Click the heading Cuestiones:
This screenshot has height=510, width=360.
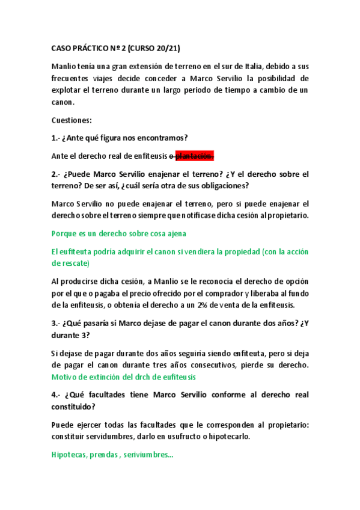pos(72,120)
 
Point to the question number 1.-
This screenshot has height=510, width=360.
pos(57,138)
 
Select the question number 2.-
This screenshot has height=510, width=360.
pos(58,174)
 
